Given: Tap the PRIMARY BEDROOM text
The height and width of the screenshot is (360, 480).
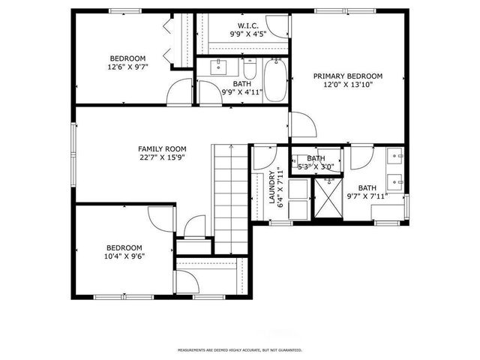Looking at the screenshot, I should click(x=347, y=76).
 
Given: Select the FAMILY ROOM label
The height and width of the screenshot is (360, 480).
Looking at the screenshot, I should click(x=161, y=148).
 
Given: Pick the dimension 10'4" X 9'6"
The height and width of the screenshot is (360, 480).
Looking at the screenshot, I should click(x=124, y=256).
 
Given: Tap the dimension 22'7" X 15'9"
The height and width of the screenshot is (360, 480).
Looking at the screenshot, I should click(x=161, y=157).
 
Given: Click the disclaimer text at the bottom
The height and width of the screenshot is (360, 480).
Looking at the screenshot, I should click(x=239, y=350).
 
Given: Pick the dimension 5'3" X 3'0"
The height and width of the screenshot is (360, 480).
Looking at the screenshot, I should click(x=312, y=166).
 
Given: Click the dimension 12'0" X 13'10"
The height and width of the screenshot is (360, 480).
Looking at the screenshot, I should click(x=347, y=85).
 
